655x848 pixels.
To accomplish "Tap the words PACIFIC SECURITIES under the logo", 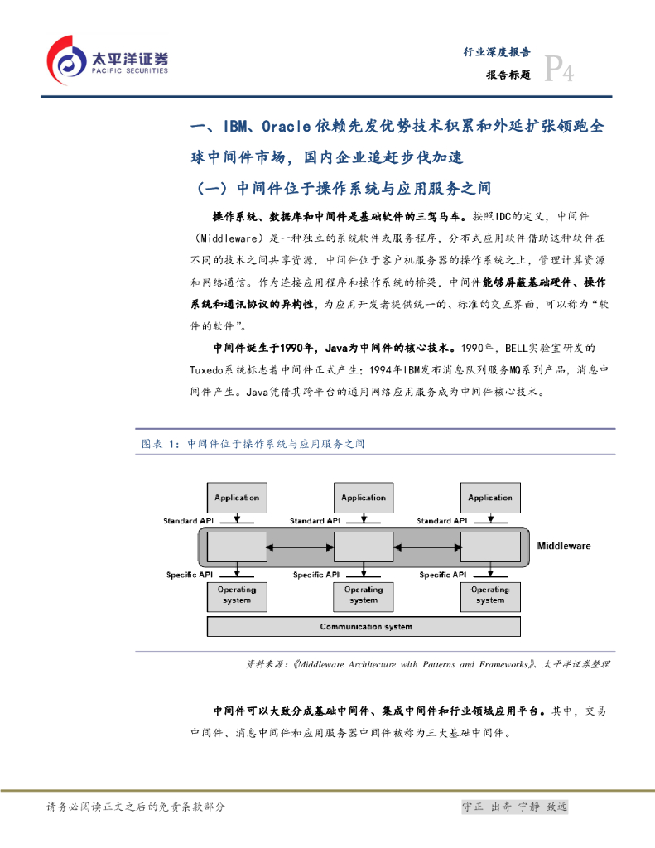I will pos(128,71).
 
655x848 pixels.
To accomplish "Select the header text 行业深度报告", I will pos(496,51).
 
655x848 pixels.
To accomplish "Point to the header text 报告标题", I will pos(508,74).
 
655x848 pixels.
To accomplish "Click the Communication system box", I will pos(365,627).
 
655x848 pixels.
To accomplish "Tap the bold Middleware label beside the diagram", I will pos(564,547).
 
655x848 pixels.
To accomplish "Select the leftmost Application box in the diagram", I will pos(237,498).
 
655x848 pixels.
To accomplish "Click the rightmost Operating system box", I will pos(489,595).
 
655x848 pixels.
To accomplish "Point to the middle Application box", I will pos(364,498).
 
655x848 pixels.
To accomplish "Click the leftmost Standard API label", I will pos(191,521).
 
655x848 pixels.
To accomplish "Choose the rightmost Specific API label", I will pos(445,574).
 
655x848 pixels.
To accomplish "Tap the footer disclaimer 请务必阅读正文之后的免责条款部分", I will pos(137,807).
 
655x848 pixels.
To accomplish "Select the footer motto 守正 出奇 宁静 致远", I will pos(514,807).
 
